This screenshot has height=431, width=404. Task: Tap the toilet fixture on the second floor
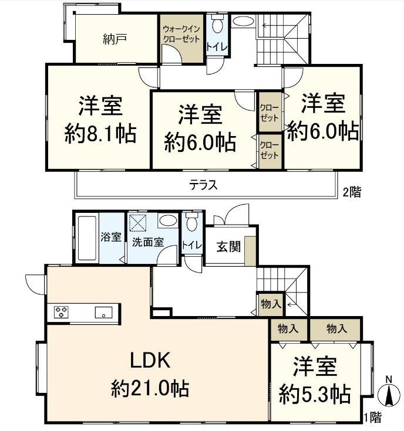[217, 26]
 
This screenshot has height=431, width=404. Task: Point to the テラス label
[203, 185]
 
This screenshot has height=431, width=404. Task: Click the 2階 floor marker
[352, 192]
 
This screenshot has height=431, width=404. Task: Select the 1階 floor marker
[372, 418]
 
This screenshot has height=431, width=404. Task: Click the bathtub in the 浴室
[86, 239]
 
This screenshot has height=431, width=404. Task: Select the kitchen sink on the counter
[104, 313]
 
